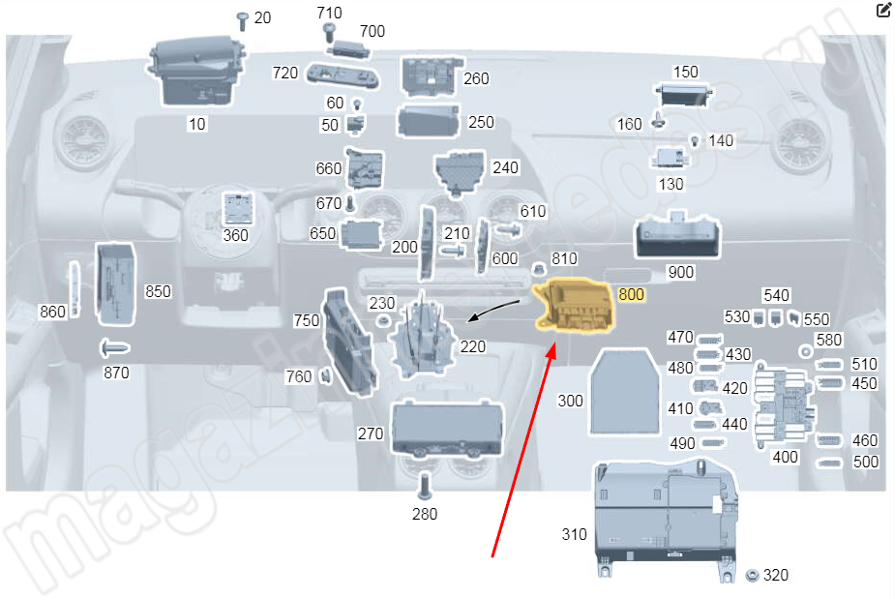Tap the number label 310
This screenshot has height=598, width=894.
[575, 534]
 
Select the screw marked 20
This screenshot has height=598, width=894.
[242, 20]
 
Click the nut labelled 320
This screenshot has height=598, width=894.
[752, 576]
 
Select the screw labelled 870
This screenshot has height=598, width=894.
[114, 346]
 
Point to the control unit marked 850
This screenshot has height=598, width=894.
[118, 282]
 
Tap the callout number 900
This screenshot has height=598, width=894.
[681, 273]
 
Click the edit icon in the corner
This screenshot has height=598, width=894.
[881, 12]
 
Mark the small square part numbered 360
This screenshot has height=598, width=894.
[237, 209]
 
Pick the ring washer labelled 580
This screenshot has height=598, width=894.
[805, 349]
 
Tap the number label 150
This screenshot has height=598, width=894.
[685, 73]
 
